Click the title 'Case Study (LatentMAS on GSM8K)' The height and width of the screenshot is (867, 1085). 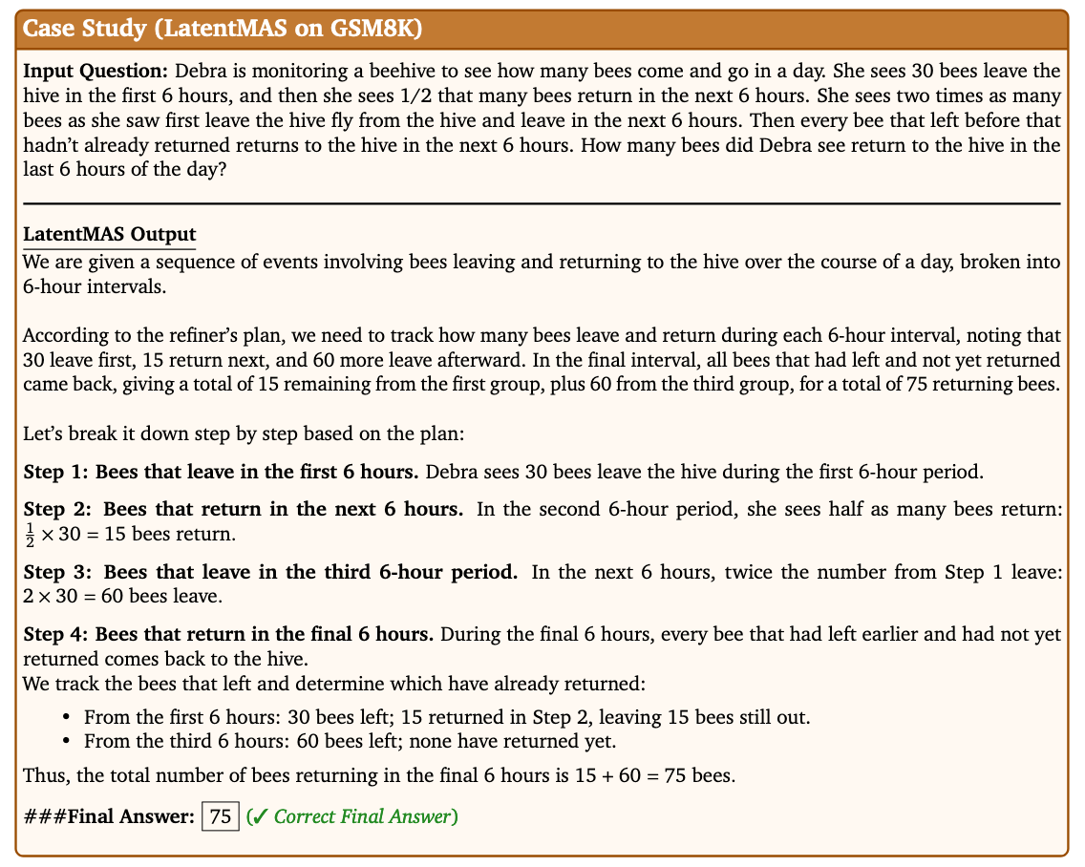point(222,28)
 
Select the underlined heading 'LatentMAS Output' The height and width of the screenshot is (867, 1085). point(108,234)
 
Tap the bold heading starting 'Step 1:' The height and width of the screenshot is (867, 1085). point(221,472)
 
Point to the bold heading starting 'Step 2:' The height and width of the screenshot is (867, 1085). point(244,508)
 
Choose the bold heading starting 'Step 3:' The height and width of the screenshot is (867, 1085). point(269,573)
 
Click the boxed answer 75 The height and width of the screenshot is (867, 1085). point(221,816)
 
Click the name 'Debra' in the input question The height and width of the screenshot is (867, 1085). point(201,72)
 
